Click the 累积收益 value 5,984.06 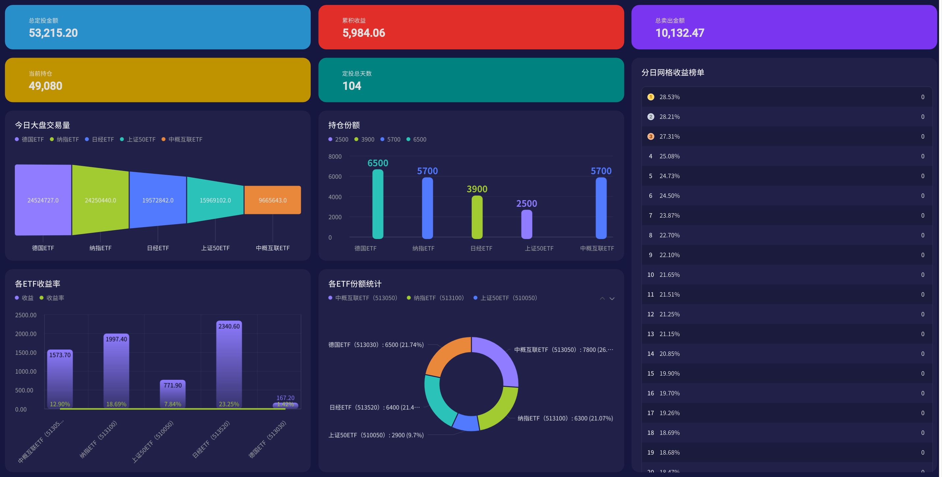point(363,33)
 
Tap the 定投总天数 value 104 point(352,86)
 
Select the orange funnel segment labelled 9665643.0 point(273,200)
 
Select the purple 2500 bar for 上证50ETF point(527,224)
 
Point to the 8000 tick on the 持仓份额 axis point(335,157)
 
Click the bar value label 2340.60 point(229,326)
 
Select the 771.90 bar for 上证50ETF point(172,395)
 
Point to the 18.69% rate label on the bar point(116,404)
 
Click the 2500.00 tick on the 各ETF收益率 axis point(26,315)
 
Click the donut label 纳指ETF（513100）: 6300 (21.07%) point(565,418)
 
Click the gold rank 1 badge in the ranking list point(651,97)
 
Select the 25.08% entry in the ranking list point(669,156)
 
